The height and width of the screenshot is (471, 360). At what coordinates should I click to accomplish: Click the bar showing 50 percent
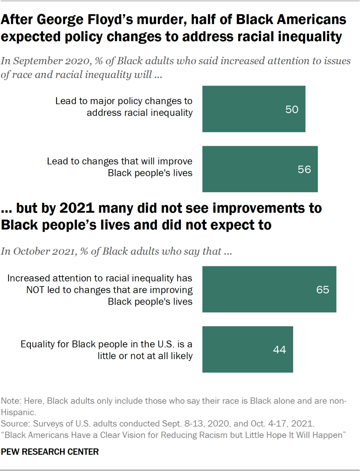[x=254, y=109]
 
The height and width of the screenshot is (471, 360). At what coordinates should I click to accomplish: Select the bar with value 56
[x=260, y=169]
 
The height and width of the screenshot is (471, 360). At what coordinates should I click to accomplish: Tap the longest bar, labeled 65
[x=269, y=289]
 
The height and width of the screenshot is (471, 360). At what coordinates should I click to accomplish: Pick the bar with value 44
[x=248, y=349]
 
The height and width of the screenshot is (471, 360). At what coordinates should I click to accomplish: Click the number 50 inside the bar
[x=291, y=109]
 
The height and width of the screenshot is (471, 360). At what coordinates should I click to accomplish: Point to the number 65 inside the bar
[x=322, y=290]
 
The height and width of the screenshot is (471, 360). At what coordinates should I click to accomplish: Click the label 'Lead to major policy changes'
[x=124, y=101]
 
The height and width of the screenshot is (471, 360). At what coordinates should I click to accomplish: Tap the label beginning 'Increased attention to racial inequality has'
[x=100, y=278]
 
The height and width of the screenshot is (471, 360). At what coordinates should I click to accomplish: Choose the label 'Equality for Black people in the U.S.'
[x=107, y=344]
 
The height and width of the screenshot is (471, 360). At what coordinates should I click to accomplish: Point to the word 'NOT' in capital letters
[x=36, y=290]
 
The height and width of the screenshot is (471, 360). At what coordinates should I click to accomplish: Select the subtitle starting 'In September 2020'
[x=176, y=68]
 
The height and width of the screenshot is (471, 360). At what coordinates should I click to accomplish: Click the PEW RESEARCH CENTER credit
[x=50, y=452]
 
